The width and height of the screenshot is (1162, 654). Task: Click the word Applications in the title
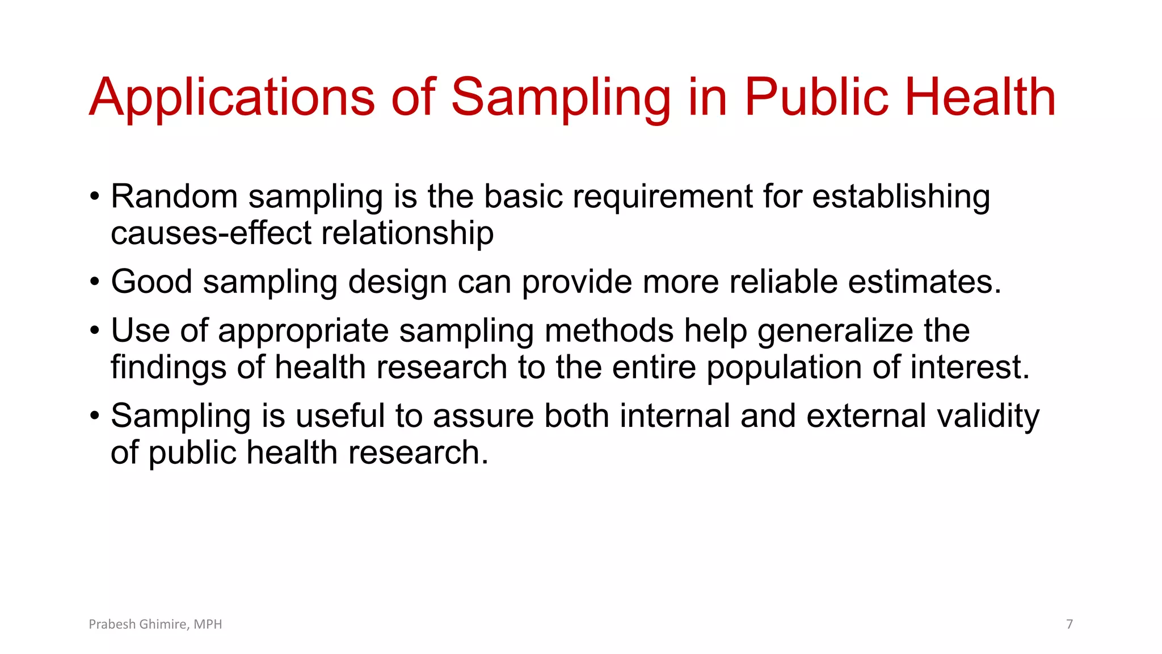point(232,98)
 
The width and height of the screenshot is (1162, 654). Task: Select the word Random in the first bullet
point(174,197)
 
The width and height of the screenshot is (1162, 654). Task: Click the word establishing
point(901,197)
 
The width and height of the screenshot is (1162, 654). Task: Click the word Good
point(151,282)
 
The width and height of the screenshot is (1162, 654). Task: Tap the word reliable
point(784,282)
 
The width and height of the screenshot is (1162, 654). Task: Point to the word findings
point(168,367)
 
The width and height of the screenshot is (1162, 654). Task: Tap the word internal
point(675,416)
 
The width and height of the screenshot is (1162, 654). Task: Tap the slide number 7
point(1070,624)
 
